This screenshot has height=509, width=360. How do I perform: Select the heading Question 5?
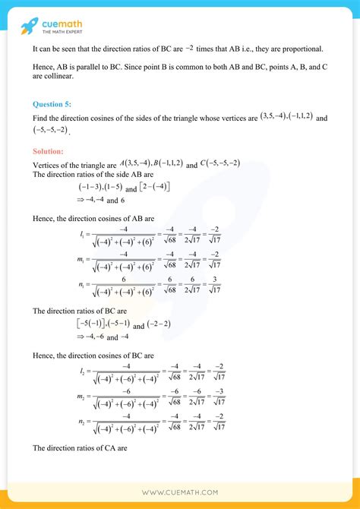[53, 103]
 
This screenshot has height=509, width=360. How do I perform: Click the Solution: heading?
[51, 151]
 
